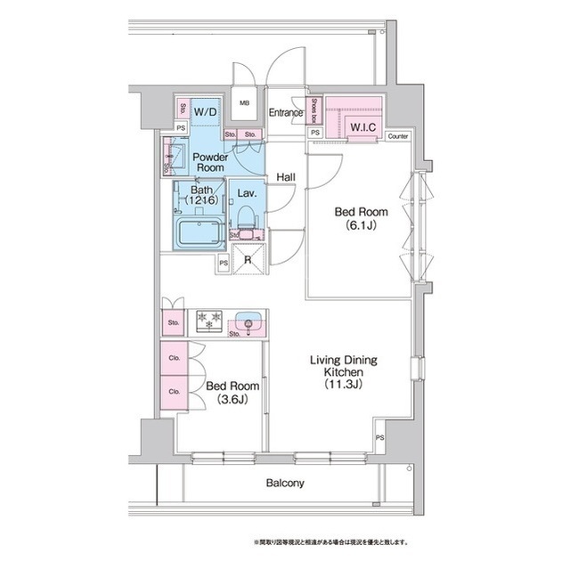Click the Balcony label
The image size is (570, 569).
[285, 484]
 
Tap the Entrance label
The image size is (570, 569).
[288, 113]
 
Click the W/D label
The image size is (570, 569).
[205, 112]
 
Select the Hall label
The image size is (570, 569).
[286, 177]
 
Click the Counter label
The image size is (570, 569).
[398, 136]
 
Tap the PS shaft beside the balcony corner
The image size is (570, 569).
[379, 438]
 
